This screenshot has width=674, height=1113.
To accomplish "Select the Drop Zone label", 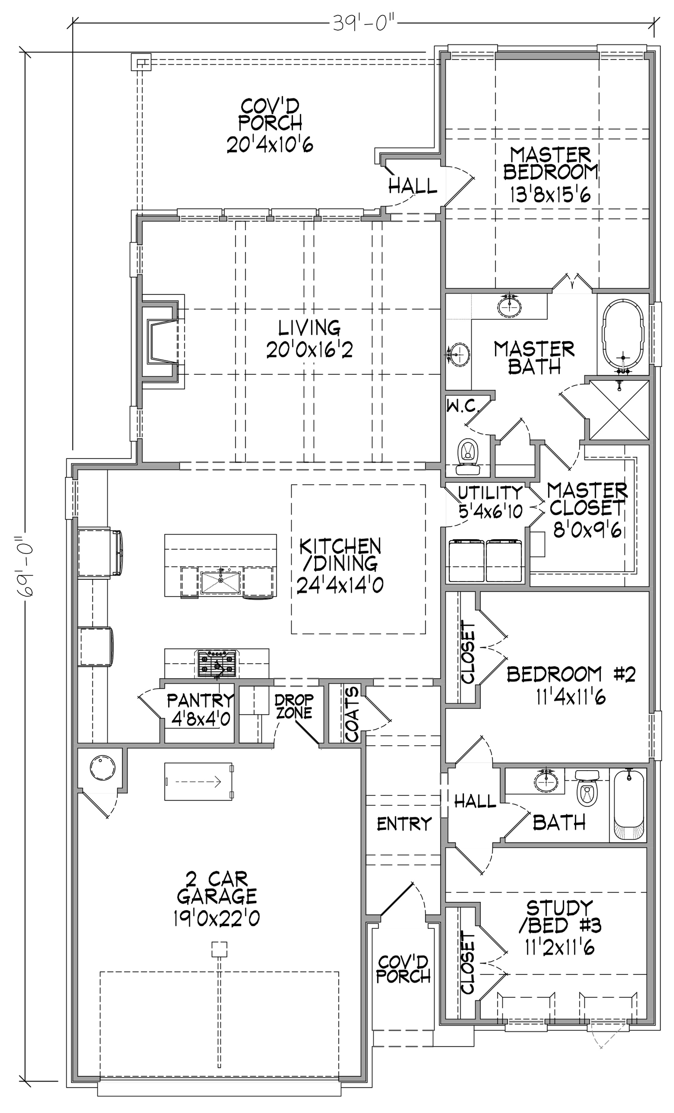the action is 294,706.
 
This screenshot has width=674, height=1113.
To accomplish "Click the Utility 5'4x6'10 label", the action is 490,502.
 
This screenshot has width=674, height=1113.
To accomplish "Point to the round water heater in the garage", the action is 103,767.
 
